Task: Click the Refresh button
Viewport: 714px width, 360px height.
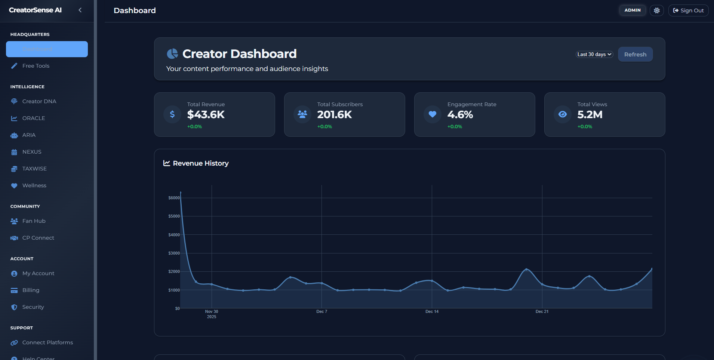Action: click(x=635, y=54)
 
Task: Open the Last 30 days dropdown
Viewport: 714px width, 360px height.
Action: click(x=594, y=54)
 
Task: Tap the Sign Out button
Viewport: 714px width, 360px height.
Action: click(x=688, y=10)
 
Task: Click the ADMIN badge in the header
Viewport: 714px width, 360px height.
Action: click(x=632, y=10)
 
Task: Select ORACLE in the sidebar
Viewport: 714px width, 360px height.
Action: click(x=33, y=118)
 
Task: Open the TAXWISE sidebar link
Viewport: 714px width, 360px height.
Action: click(x=34, y=169)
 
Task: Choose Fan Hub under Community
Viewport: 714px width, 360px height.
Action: click(x=34, y=221)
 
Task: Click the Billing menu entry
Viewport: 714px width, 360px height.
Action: click(x=31, y=290)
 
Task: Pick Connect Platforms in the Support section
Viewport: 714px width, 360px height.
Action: click(x=47, y=342)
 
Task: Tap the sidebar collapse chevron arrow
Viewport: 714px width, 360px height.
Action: click(x=80, y=10)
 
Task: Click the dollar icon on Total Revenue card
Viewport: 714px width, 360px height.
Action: click(x=172, y=114)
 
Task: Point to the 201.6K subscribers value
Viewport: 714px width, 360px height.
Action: click(x=334, y=115)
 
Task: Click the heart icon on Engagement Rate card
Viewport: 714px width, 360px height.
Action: click(x=433, y=114)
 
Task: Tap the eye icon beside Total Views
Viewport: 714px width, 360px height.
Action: click(x=563, y=114)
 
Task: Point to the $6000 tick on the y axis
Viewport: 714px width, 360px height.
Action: click(x=174, y=198)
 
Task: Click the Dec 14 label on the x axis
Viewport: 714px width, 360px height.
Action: click(x=432, y=311)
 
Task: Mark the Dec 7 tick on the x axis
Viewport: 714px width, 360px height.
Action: click(x=321, y=311)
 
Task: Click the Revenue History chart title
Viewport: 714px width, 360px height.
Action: click(x=200, y=163)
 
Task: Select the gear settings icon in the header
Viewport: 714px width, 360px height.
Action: click(x=656, y=10)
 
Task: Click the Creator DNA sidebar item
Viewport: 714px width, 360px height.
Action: click(x=39, y=101)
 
